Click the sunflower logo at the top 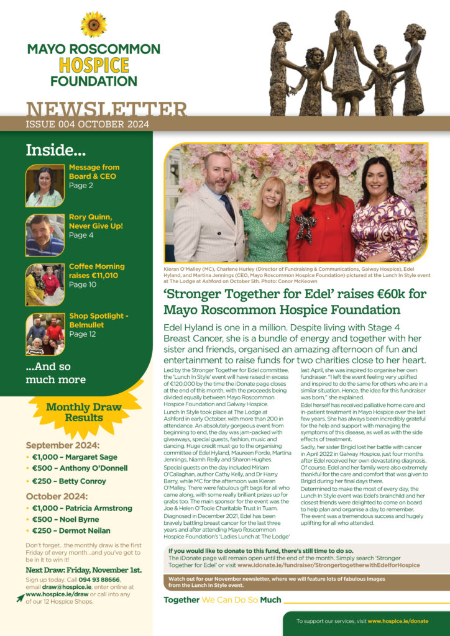[93, 24]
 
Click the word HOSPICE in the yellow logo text [93, 65]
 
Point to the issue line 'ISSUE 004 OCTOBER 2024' [87, 124]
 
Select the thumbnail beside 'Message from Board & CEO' [45, 186]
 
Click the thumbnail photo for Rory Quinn [45, 235]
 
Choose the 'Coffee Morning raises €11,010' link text [96, 271]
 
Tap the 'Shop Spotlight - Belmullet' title [98, 320]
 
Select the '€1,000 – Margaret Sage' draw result [75, 457]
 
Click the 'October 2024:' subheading [57, 496]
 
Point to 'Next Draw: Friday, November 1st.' [83, 570]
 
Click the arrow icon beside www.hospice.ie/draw [21, 598]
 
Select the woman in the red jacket [323, 217]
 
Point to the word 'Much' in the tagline [270, 600]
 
